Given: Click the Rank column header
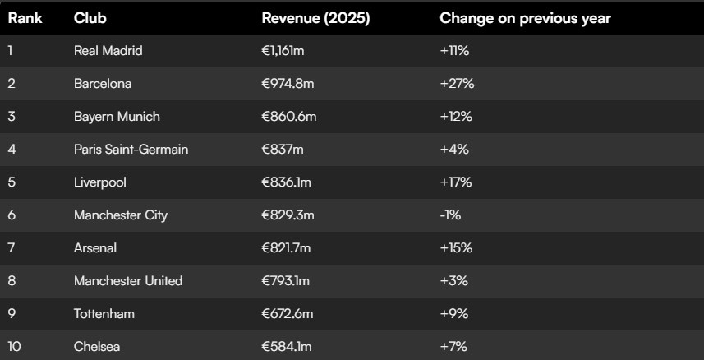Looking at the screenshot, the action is click(x=25, y=18).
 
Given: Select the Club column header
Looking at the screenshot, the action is click(x=90, y=18).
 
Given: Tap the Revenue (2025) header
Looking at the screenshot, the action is click(x=315, y=18).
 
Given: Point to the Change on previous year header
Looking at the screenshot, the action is click(x=525, y=18).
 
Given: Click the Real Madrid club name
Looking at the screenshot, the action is click(x=108, y=51).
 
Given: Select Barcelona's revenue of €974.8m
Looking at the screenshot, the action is click(x=288, y=84).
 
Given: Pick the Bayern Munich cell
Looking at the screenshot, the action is click(x=117, y=117).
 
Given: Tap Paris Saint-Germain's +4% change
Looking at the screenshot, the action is click(x=454, y=150).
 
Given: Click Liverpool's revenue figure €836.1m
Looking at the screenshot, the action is click(x=287, y=182).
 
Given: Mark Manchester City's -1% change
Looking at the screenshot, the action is click(x=450, y=215).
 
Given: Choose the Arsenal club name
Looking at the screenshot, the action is click(x=95, y=248).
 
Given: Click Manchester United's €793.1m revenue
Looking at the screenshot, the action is click(x=286, y=281).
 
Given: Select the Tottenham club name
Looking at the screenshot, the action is click(x=104, y=314).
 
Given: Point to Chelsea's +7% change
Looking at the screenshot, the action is click(x=454, y=347).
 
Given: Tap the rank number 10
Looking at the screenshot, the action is click(x=14, y=347).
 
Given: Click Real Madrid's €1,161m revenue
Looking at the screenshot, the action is click(x=283, y=51).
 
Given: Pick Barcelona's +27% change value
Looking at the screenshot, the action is click(x=457, y=84).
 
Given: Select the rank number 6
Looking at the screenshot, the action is click(x=12, y=215).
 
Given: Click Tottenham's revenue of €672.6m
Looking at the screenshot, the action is click(x=288, y=314).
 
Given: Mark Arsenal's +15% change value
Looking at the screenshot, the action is click(x=456, y=248).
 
